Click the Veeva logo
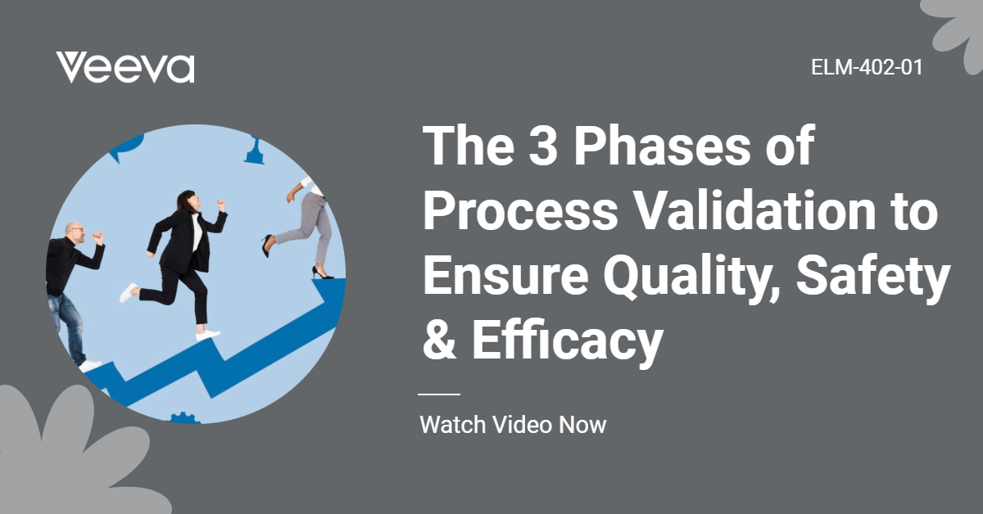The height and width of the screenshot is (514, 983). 125,68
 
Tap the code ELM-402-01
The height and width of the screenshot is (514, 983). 867,68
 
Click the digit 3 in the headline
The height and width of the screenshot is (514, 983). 543,145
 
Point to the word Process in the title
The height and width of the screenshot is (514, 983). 520,211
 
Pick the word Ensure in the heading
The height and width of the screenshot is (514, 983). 505,276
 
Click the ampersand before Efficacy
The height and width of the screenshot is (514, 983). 439,340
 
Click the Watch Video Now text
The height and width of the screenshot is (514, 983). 513,425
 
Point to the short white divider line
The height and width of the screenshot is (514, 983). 439,395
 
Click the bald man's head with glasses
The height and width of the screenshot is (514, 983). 75,234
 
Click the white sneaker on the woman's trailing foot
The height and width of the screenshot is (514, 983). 129,292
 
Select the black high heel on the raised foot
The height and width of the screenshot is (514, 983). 267,246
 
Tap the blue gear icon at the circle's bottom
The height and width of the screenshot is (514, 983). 183,418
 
